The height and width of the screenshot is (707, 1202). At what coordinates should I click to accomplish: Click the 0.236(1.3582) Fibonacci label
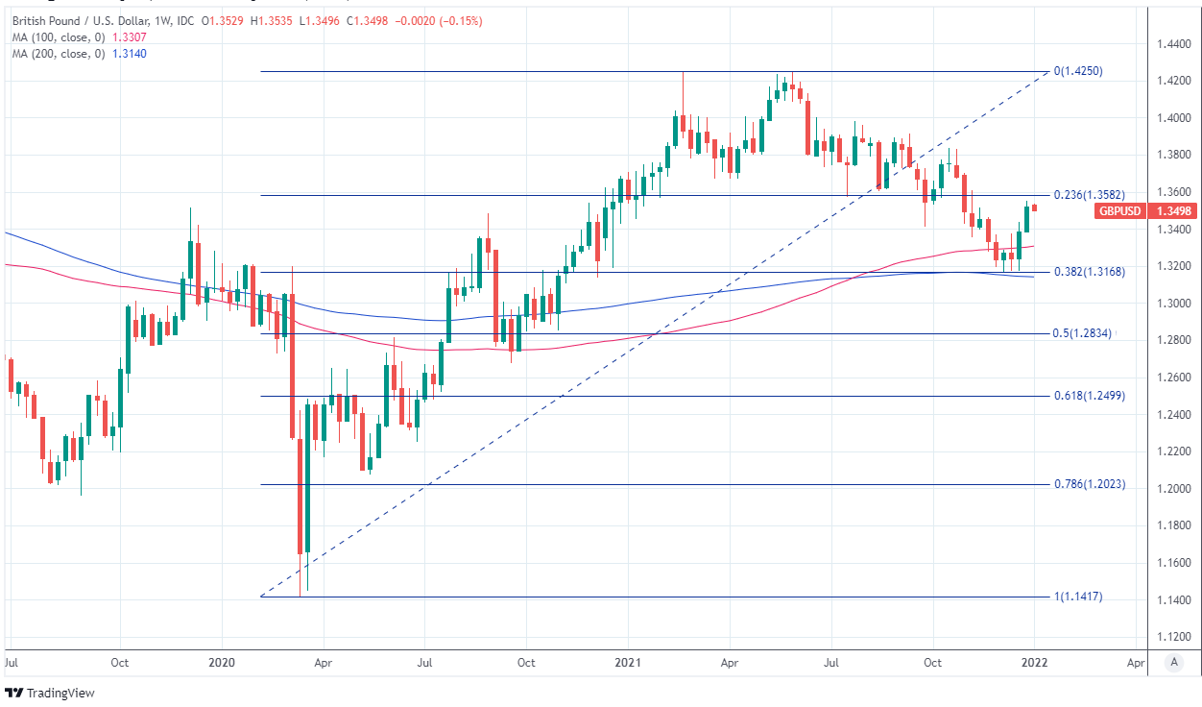click(x=1090, y=195)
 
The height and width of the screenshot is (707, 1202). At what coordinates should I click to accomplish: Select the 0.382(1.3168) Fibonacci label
click(x=1090, y=272)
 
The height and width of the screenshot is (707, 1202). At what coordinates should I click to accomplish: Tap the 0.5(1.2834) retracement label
click(x=1081, y=334)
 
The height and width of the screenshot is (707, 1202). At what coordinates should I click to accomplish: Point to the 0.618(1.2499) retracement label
click(x=1090, y=396)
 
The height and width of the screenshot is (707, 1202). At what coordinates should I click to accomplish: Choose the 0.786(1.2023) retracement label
click(x=1090, y=484)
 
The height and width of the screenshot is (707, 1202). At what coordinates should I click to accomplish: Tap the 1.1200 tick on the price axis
click(x=1175, y=637)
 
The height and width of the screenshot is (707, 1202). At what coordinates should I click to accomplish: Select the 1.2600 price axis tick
click(x=1175, y=378)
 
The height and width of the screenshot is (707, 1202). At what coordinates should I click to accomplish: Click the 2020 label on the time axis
click(x=222, y=663)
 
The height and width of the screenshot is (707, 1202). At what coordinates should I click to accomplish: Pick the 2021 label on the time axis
click(x=628, y=663)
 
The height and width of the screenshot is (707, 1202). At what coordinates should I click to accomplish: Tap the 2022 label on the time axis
click(x=1035, y=663)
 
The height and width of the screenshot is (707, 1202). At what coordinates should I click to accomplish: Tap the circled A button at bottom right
click(x=1174, y=662)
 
